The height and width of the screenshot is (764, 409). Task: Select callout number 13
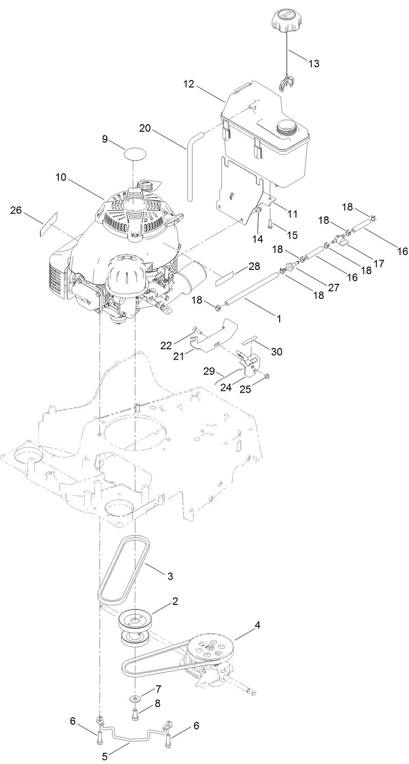pyautogui.click(x=314, y=64)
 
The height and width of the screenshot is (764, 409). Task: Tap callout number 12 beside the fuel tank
pyautogui.click(x=189, y=85)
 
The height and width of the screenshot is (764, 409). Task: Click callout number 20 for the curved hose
pyautogui.click(x=145, y=128)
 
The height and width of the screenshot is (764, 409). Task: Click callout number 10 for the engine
pyautogui.click(x=61, y=177)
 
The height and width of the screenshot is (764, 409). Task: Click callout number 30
pyautogui.click(x=277, y=352)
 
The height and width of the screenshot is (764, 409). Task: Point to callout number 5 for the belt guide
pyautogui.click(x=105, y=756)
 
